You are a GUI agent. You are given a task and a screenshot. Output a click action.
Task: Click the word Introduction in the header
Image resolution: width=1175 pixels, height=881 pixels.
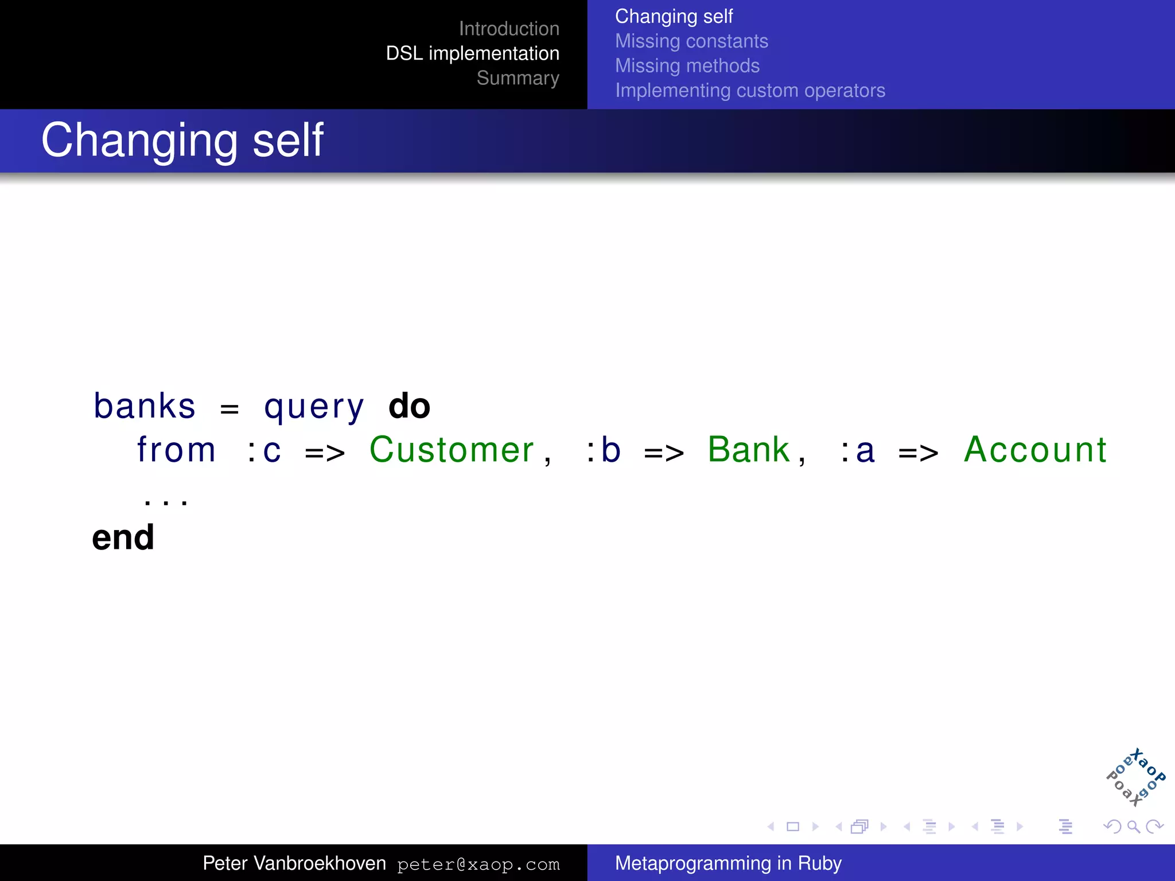(x=509, y=29)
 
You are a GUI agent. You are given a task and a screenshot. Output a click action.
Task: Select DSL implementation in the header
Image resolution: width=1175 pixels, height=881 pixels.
(x=472, y=53)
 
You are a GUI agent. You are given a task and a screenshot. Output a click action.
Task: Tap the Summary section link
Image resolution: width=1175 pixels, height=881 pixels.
(x=518, y=78)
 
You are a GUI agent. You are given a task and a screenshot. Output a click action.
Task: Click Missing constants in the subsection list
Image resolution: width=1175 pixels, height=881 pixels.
(x=691, y=41)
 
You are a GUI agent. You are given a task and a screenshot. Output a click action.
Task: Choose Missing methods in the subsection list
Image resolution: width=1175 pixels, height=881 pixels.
(x=687, y=66)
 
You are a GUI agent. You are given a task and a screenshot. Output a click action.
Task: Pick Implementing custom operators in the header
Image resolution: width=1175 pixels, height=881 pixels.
(x=750, y=91)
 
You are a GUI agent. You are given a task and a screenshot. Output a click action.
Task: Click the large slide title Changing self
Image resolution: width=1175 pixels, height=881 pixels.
(x=182, y=140)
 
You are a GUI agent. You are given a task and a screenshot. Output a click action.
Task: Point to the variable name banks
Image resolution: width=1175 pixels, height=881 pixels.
(x=145, y=406)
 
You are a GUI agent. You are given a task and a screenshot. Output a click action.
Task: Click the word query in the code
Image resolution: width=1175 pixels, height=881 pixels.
(x=314, y=407)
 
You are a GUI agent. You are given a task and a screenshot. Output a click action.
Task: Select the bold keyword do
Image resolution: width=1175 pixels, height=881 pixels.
(x=409, y=406)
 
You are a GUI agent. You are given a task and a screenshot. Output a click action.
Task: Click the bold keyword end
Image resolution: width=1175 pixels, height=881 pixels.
(x=123, y=537)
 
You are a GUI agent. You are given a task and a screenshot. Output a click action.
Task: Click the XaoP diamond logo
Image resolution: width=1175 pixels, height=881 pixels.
(x=1135, y=778)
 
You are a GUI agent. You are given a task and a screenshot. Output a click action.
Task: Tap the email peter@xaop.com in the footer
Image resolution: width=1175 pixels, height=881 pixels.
(x=478, y=864)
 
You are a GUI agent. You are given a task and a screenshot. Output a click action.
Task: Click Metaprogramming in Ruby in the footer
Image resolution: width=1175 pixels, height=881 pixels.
(x=728, y=863)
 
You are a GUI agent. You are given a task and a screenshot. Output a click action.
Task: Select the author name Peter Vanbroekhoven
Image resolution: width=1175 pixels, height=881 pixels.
(x=294, y=863)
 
